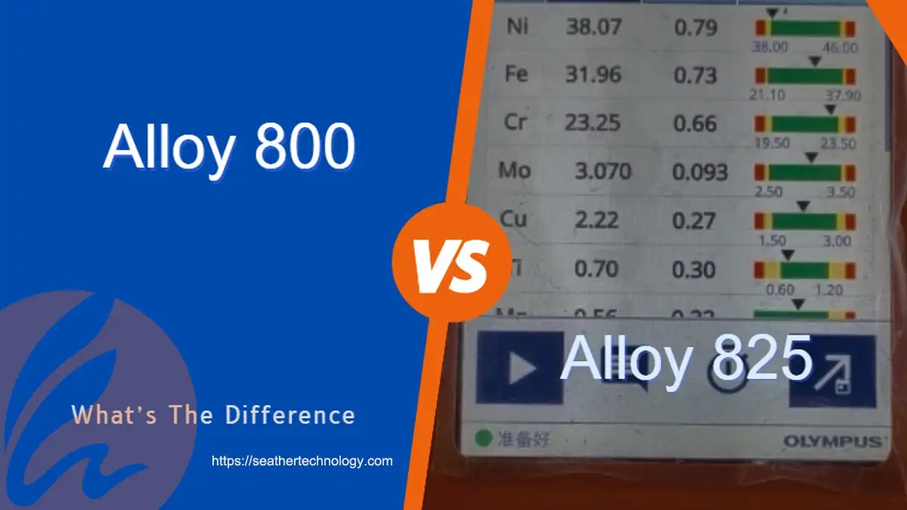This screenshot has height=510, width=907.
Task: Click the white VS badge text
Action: coord(452,264)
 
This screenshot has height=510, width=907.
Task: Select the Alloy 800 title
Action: coord(228,147)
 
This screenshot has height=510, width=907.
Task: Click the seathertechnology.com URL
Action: coord(302,460)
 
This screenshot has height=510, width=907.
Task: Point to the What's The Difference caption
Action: coord(213,415)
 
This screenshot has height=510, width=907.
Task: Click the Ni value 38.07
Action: coord(593,28)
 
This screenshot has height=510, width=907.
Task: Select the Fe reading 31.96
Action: coord(593,75)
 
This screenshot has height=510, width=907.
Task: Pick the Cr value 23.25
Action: coord(593,122)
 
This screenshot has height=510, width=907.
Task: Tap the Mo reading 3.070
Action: coord(602,171)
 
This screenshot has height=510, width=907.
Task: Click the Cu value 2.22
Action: coord(597,220)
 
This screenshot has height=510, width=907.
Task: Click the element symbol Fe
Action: coord(517,75)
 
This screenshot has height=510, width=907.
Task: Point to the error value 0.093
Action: coord(699,172)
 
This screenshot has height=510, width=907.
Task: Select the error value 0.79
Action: coord(695,29)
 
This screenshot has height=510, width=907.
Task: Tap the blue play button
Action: coord(520,368)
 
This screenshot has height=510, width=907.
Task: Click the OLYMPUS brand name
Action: coord(831,441)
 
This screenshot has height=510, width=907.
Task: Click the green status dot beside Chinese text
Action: coord(481,437)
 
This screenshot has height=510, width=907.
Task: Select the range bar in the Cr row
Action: coord(805,125)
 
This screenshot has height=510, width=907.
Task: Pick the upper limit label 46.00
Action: coord(840,48)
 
